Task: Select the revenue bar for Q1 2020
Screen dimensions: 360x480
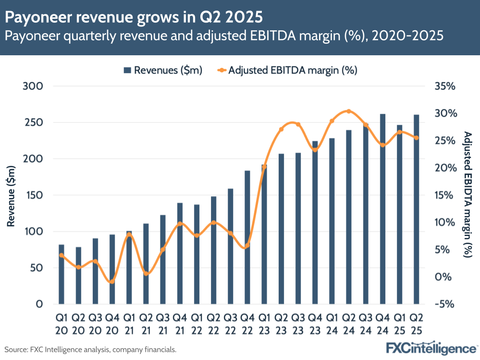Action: click(x=61, y=274)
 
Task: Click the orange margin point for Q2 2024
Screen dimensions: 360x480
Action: click(x=349, y=112)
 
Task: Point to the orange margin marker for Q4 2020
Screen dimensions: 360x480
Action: click(x=112, y=282)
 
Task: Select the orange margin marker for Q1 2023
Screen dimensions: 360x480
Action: click(x=264, y=167)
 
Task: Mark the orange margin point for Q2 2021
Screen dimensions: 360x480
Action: click(x=146, y=274)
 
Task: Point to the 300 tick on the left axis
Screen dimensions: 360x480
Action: click(x=33, y=86)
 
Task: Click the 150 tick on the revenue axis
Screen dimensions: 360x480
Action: click(x=33, y=195)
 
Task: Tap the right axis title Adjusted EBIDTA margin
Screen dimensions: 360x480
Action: click(x=468, y=194)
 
